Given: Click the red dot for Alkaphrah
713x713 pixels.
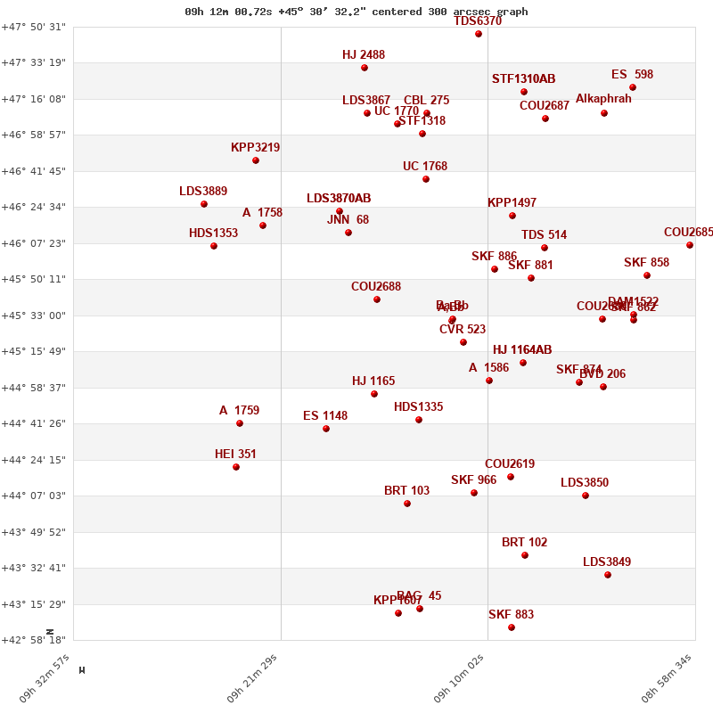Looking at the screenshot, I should point(604,113).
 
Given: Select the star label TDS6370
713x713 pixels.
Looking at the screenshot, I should point(478,21).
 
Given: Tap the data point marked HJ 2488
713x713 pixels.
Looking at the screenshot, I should point(365,68).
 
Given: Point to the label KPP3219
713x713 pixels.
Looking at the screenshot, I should point(255,148).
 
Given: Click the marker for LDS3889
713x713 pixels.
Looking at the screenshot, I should point(204,204).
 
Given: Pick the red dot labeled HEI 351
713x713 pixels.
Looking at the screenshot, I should point(236,467).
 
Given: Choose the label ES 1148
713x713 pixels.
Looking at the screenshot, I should point(325,416).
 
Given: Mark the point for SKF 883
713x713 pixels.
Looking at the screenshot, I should point(512,627).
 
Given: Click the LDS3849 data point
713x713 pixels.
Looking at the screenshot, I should point(608,575).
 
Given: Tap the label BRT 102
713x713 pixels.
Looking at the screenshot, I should point(524,543).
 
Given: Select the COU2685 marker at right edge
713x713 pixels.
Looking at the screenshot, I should point(690,245).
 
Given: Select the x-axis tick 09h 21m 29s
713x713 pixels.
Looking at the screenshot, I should point(253,678).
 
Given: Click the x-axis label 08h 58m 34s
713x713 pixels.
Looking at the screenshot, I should point(667,678).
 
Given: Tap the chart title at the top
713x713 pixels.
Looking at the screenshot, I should point(356,12).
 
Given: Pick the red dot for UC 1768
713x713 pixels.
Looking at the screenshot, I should point(426,179).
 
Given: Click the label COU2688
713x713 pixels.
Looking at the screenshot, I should point(376,287).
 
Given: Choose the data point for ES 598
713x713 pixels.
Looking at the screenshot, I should point(633,87).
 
